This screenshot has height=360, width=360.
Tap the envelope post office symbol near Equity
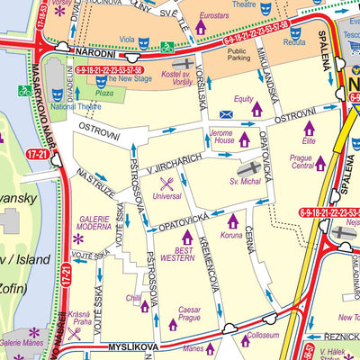click(225, 114)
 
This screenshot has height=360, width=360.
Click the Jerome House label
click(222, 138)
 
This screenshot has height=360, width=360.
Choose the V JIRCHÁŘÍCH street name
click(177, 163)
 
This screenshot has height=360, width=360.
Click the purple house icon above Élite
click(309, 128)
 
